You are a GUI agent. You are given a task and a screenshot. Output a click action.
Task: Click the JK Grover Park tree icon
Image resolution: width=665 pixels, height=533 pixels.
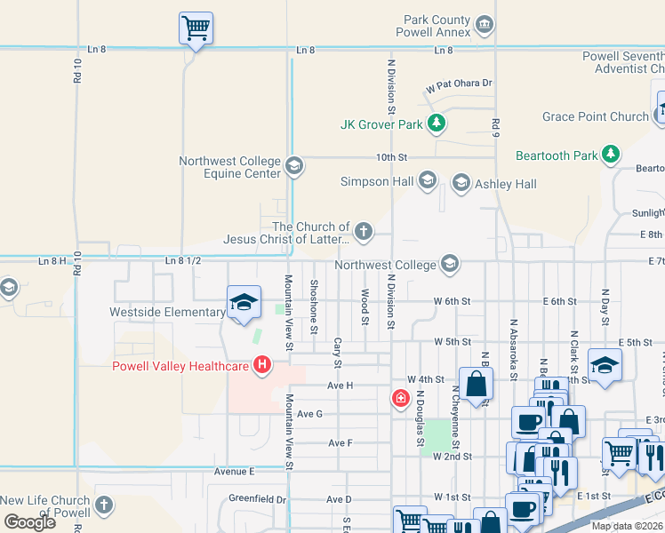click(436, 124)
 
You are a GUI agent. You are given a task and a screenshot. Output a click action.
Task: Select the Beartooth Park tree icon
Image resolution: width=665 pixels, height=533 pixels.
click(610, 155)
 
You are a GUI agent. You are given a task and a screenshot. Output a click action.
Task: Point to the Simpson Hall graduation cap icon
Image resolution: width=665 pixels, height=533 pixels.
click(427, 181)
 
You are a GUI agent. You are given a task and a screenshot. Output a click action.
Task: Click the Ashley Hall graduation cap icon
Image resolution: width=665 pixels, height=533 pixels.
click(461, 184)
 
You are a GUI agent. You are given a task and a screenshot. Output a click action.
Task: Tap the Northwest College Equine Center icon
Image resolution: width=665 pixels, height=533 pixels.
click(294, 166)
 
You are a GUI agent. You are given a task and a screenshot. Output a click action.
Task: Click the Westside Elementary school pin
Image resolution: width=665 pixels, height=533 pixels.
click(244, 303)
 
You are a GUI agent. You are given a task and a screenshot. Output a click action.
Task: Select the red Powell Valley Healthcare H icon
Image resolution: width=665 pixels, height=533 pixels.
click(261, 364)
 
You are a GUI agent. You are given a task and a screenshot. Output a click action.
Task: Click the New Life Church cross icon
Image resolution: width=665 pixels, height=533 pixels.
click(104, 506)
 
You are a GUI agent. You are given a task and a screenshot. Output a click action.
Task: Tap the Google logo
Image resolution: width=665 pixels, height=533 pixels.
click(29, 522)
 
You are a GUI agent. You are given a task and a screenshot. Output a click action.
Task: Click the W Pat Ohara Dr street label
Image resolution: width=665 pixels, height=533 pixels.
click(459, 84)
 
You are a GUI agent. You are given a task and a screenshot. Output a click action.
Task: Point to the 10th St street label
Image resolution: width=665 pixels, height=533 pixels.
click(390, 157)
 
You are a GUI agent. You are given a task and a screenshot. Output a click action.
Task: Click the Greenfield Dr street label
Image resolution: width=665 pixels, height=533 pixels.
click(258, 499)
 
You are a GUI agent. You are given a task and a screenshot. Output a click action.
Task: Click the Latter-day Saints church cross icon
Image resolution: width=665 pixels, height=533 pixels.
click(363, 233)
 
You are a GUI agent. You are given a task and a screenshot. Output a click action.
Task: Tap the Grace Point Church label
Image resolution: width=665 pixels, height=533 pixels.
click(596, 116)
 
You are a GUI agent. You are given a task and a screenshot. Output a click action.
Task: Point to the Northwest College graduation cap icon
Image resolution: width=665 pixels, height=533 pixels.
click(450, 264)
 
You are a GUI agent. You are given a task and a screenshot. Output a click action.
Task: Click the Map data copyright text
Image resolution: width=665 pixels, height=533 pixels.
click(628, 526)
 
